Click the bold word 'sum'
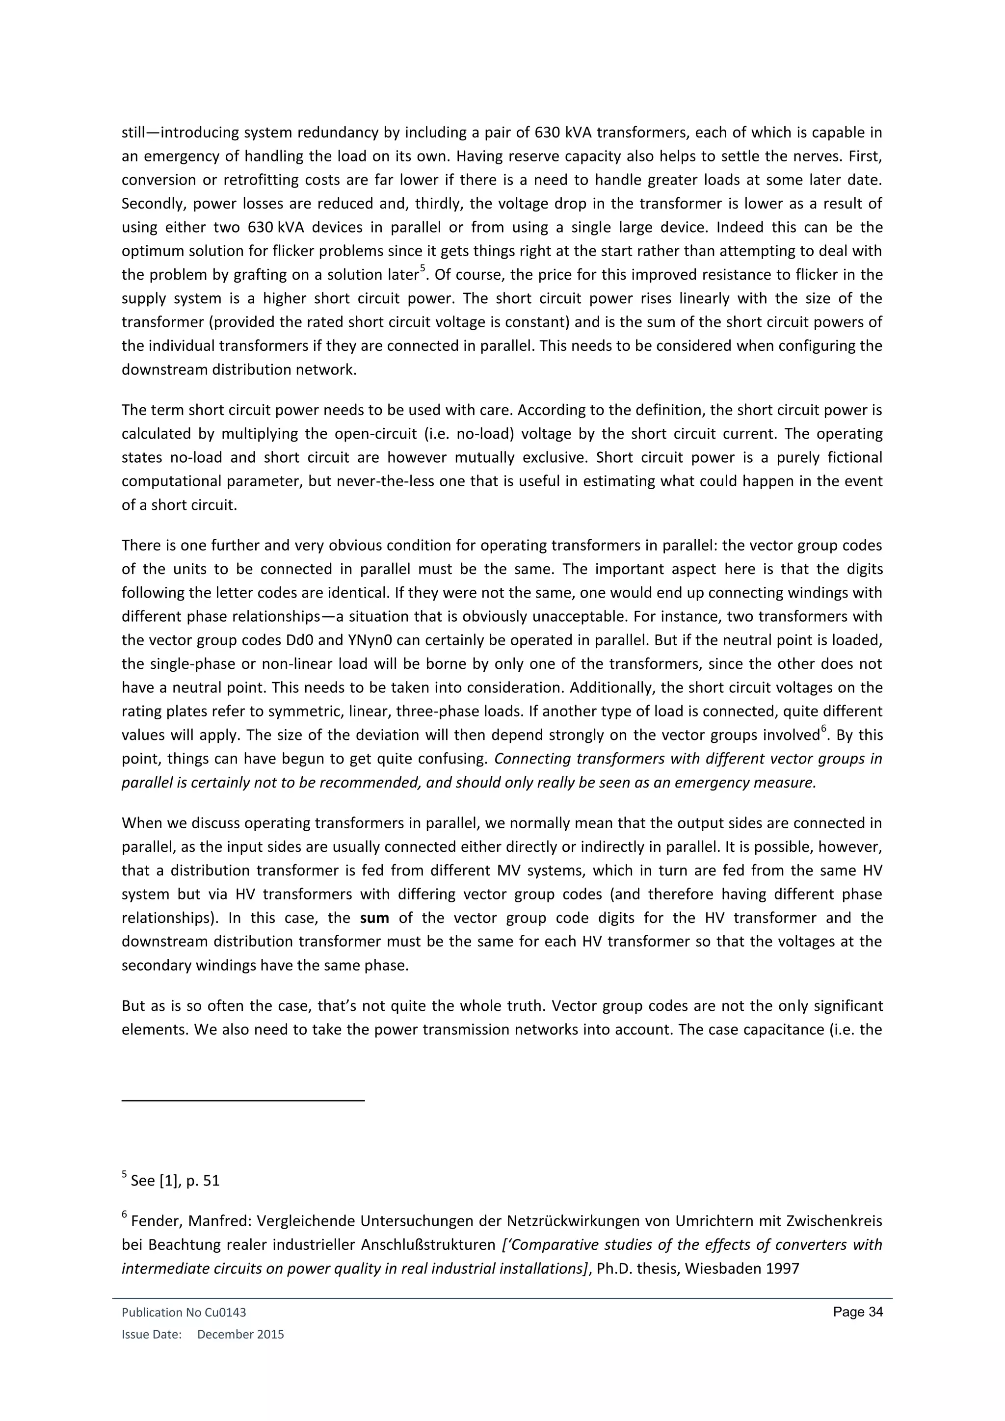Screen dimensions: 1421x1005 [x=374, y=918]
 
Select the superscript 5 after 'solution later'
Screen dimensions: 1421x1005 [x=423, y=268]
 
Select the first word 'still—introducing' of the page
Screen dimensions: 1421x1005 [x=176, y=133]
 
